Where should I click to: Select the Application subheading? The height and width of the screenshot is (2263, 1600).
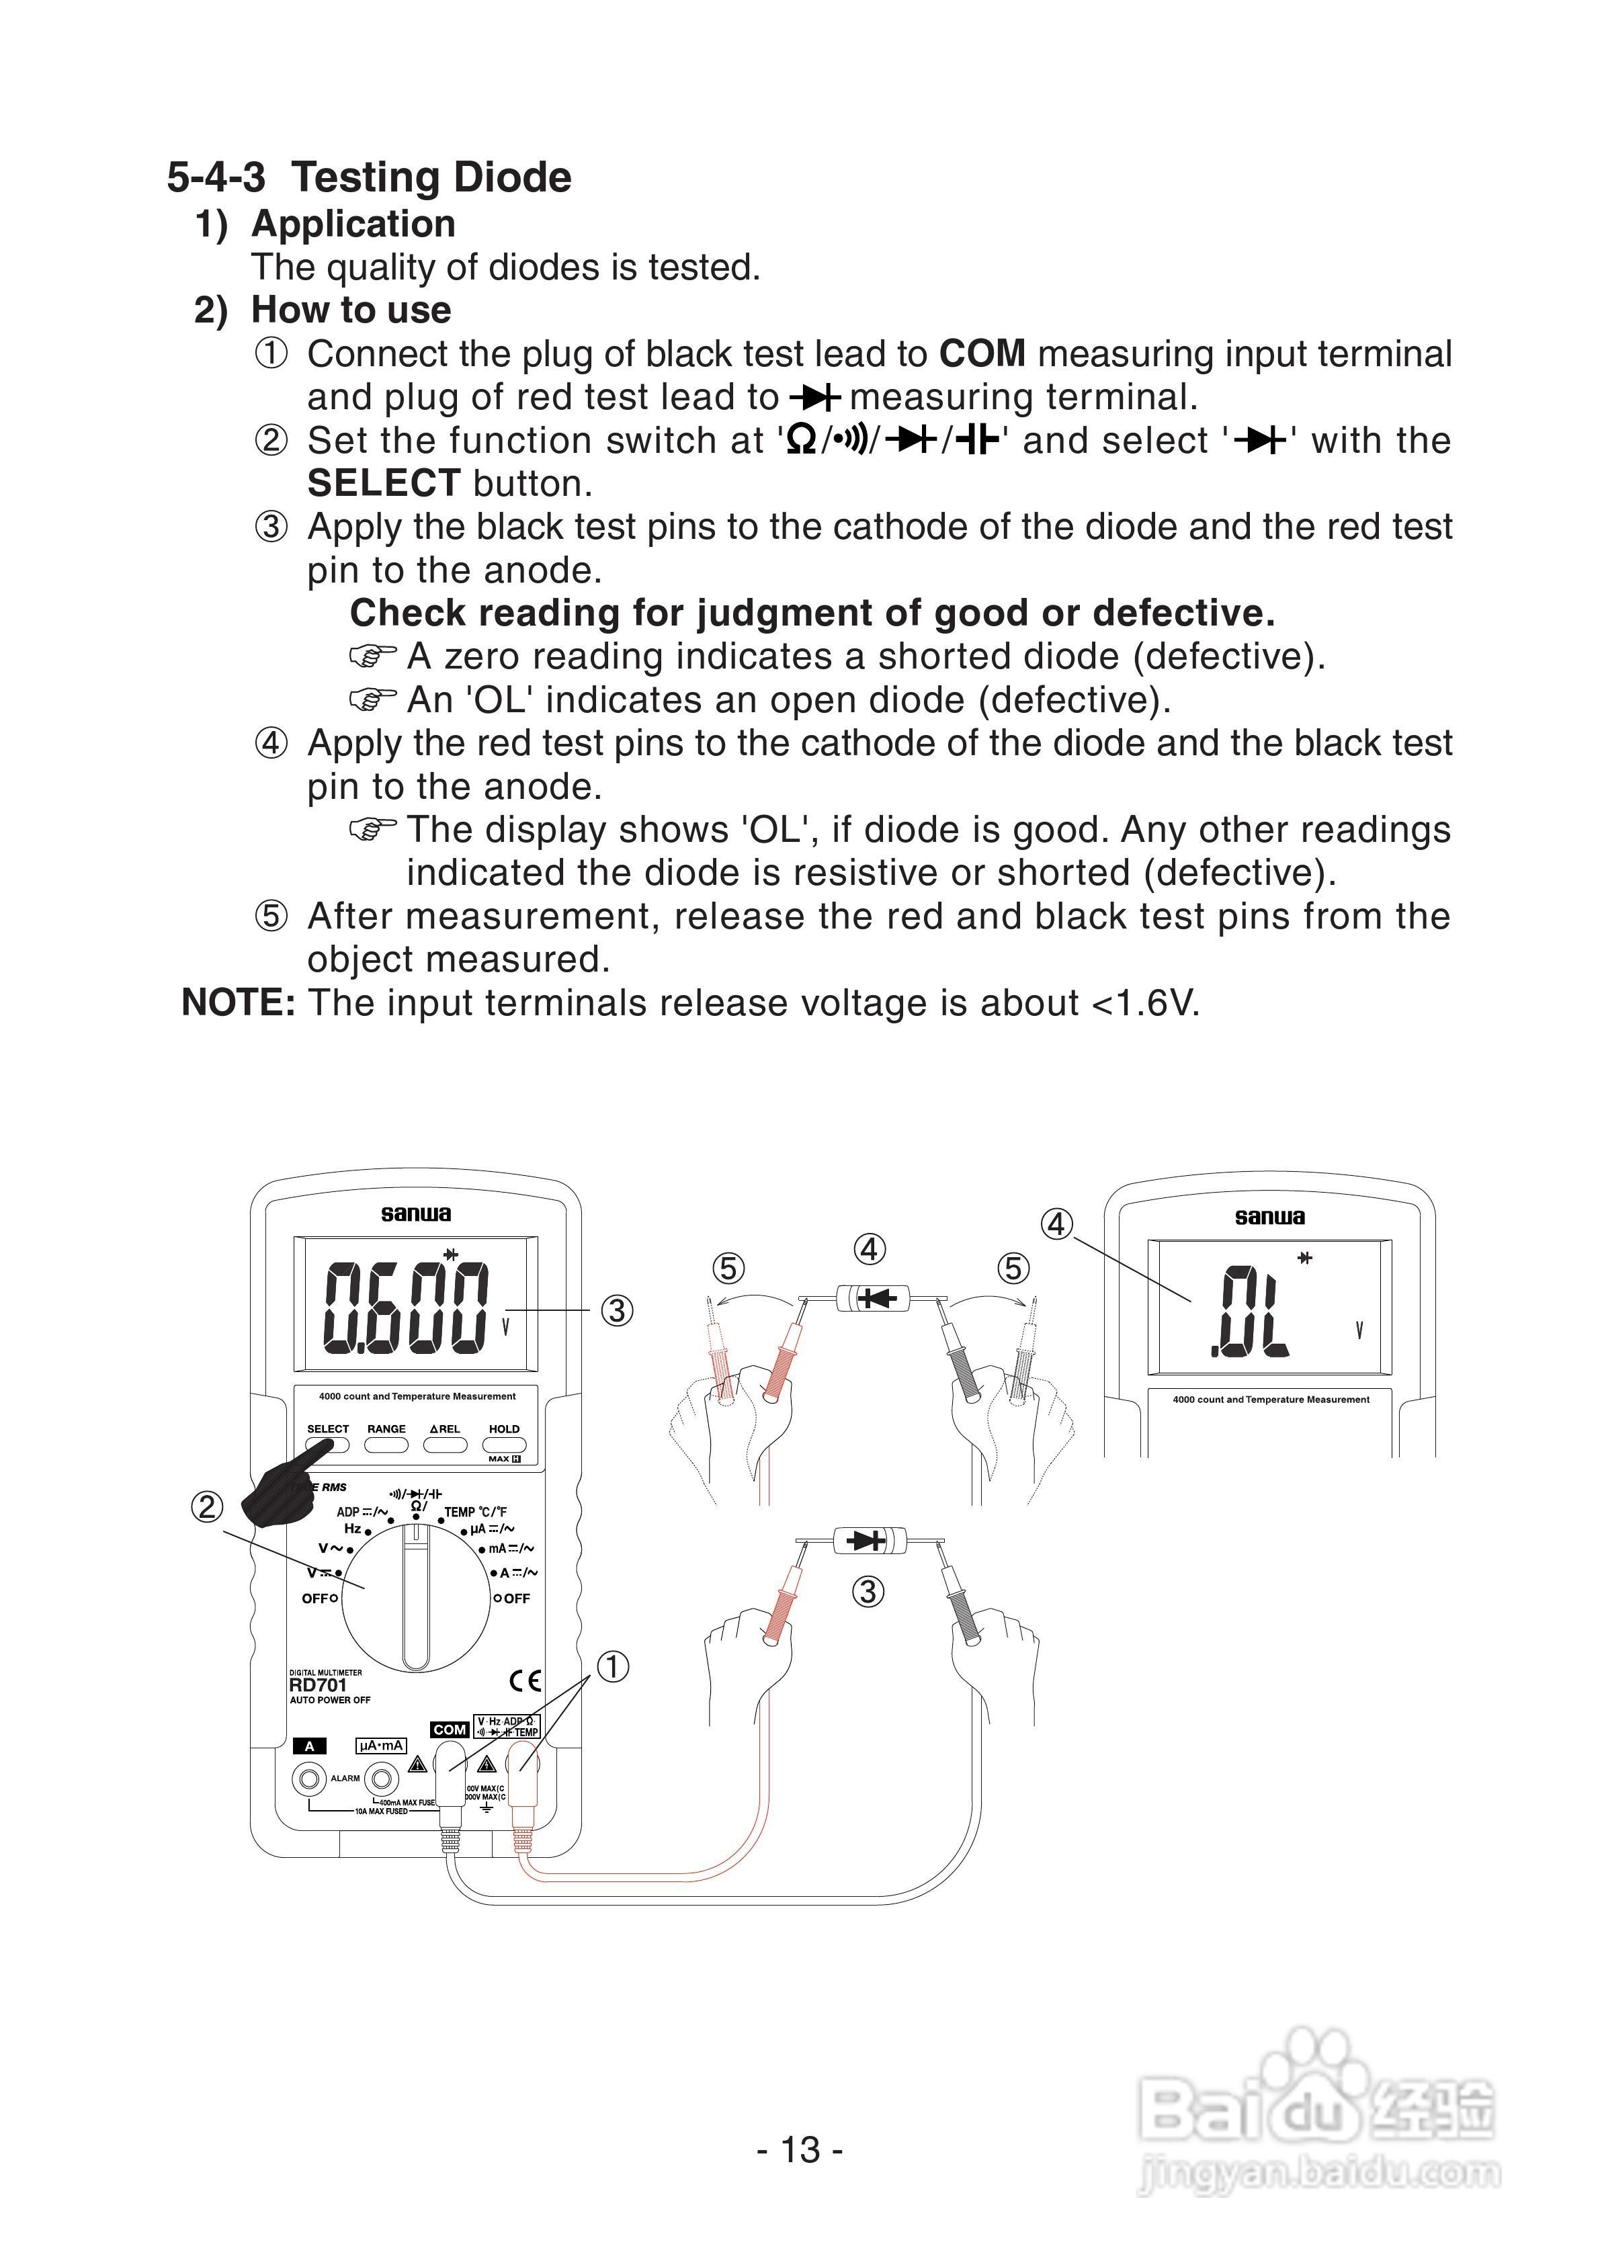(353, 224)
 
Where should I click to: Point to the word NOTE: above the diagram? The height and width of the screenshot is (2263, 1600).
(238, 1002)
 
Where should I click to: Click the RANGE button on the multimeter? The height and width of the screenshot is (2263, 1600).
(386, 1445)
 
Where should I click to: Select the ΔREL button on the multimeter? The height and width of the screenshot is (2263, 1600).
(445, 1445)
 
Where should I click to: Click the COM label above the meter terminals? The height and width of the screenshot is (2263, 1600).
(450, 1730)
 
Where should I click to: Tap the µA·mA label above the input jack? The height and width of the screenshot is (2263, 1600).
(380, 1746)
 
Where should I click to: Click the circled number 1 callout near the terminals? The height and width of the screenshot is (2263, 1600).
(612, 1667)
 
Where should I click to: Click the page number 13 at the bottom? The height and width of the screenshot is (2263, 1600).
(800, 2149)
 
